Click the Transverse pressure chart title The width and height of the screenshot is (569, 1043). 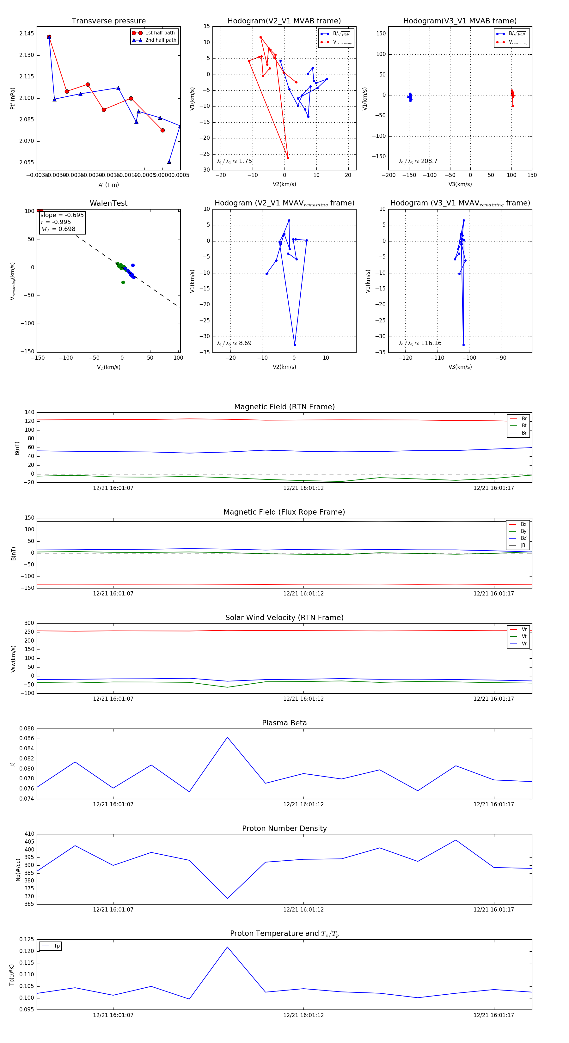point(108,21)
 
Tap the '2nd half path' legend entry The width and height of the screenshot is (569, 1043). point(160,40)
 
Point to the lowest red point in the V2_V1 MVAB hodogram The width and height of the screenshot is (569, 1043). point(288,158)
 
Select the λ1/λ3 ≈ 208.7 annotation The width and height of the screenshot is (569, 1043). point(418,161)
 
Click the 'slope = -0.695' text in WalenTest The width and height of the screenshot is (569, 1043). point(62,215)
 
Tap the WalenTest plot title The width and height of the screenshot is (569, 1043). point(108,203)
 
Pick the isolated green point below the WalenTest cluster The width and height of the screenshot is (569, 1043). point(123,282)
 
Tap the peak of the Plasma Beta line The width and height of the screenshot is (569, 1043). point(227,737)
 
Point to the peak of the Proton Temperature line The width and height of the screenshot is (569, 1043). point(227,947)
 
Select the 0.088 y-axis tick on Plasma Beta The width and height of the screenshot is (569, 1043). point(27,729)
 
